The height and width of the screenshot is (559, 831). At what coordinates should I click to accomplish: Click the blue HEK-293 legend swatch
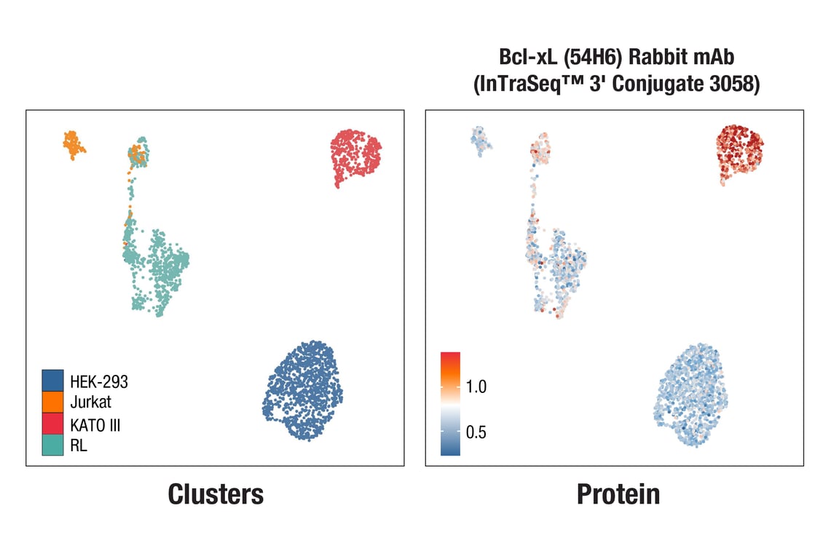click(x=52, y=380)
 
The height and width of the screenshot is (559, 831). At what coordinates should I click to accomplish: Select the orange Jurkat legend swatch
click(x=52, y=401)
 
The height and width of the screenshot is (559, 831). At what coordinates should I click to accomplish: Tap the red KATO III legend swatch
click(x=52, y=424)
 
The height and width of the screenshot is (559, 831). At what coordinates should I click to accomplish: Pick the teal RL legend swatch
click(x=52, y=445)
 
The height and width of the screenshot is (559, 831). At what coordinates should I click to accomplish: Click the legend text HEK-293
click(x=99, y=380)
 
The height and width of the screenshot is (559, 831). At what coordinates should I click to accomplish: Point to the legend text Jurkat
click(x=91, y=401)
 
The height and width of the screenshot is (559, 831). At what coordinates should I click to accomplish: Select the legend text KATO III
click(x=95, y=424)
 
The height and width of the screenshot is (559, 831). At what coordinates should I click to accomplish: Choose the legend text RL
click(x=79, y=446)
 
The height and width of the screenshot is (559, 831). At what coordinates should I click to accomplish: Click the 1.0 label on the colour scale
click(x=476, y=386)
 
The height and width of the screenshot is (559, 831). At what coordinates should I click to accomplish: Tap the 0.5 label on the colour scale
click(x=476, y=432)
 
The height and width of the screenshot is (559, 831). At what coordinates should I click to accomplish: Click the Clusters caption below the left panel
click(x=216, y=494)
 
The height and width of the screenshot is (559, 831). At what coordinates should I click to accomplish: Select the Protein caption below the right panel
click(x=618, y=494)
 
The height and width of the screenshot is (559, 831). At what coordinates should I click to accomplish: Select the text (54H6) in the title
click(x=589, y=58)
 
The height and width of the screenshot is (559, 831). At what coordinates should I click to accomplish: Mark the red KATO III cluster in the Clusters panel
click(x=354, y=155)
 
